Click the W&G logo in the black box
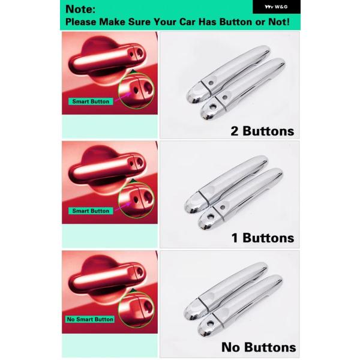click(x=276, y=7)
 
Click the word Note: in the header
click(x=80, y=9)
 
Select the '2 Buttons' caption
click(x=262, y=131)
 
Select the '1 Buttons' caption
click(x=263, y=238)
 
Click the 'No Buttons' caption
click(x=259, y=347)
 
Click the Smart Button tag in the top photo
click(x=91, y=101)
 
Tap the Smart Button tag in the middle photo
click(x=91, y=211)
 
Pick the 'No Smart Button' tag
click(x=90, y=319)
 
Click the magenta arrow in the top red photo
click(x=123, y=97)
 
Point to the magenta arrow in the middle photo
click(x=123, y=206)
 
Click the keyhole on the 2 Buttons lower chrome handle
click(x=212, y=107)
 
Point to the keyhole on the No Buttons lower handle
click(x=210, y=324)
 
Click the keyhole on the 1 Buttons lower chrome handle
click(x=211, y=217)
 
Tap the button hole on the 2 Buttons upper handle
click(x=211, y=83)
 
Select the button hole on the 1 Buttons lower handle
click(x=222, y=208)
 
